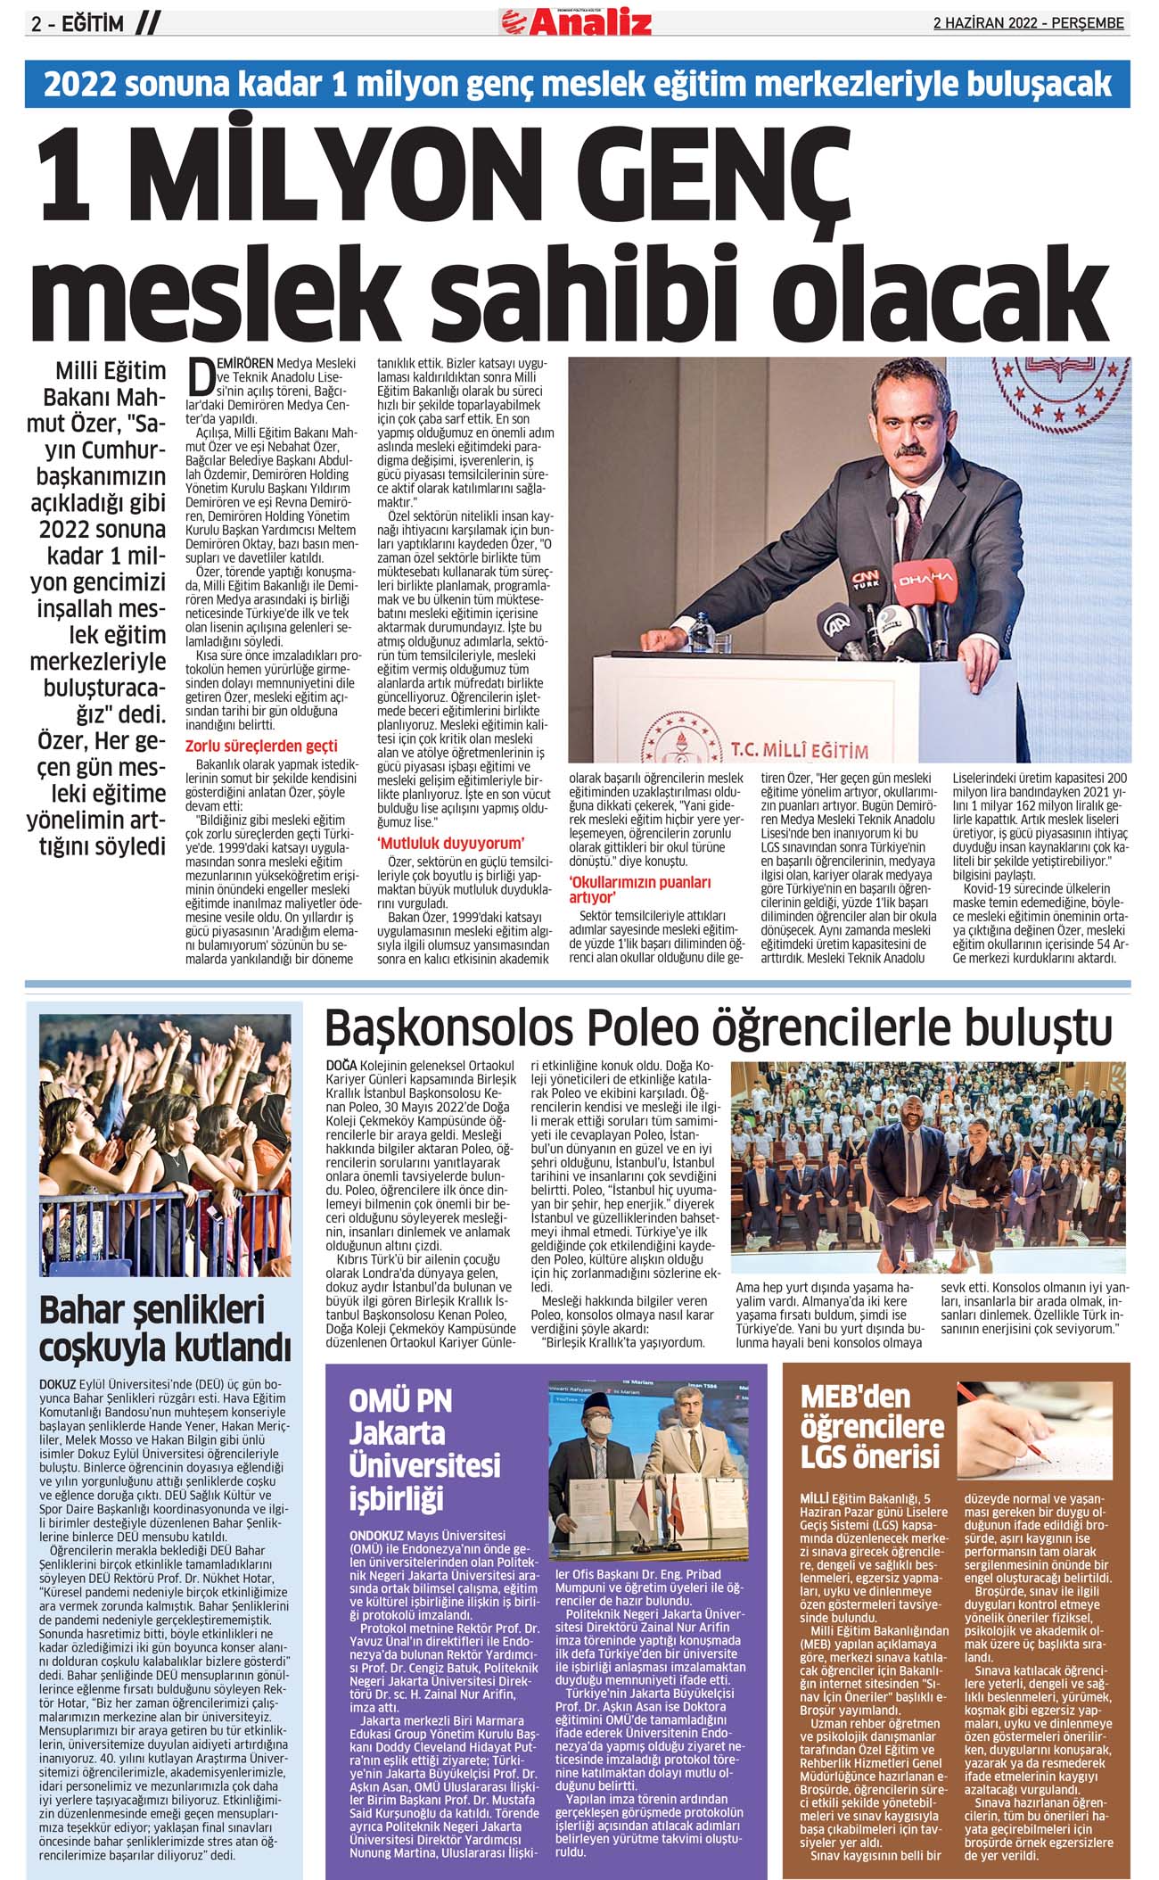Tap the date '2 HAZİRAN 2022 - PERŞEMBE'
pyautogui.click(x=1028, y=23)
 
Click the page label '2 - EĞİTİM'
pyautogui.click(x=78, y=24)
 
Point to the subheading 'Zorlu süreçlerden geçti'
pyautogui.click(x=261, y=746)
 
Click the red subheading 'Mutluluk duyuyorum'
pyautogui.click(x=450, y=843)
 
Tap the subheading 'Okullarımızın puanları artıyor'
pyautogui.click(x=640, y=889)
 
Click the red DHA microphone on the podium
pyautogui.click(x=924, y=580)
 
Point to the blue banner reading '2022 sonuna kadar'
pyautogui.click(x=577, y=84)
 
